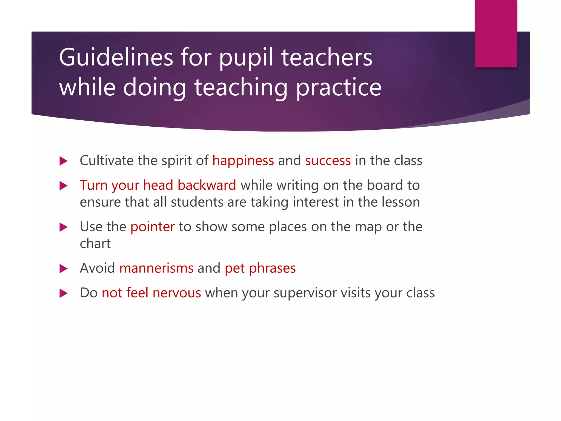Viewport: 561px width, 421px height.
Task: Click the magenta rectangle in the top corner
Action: [x=496, y=33]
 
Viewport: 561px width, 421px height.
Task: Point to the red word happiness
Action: [x=243, y=161]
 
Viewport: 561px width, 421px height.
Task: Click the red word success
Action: [x=328, y=161]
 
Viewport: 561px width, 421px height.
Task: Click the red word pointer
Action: [x=152, y=227]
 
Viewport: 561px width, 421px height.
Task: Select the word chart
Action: [x=95, y=243]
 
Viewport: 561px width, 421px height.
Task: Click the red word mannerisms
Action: [x=156, y=268]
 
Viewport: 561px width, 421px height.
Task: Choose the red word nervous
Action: [x=177, y=293]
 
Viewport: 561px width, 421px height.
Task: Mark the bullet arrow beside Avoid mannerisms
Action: [x=63, y=269]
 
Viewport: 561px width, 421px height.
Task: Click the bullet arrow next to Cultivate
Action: [x=63, y=161]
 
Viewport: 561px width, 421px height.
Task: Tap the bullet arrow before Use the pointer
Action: [x=63, y=227]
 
